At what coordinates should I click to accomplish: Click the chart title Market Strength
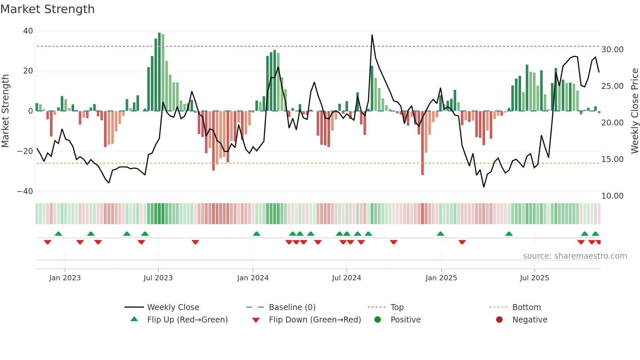pos(47,9)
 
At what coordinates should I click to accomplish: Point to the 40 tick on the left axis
pos(28,31)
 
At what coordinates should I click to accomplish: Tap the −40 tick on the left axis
pos(25,191)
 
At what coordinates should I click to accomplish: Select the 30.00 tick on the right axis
pos(612,50)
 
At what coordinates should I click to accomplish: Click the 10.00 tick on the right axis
pos(612,196)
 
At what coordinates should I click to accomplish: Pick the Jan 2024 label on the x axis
pos(253,278)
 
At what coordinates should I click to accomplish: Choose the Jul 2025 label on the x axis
pos(534,278)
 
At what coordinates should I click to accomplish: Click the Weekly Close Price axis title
pos(634,111)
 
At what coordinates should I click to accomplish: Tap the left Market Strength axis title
pos(6,111)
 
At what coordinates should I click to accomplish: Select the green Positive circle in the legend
pos(378,320)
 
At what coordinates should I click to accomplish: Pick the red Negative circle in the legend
pos(499,320)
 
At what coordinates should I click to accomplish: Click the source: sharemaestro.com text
pos(575,256)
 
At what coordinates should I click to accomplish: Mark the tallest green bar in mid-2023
pos(159,72)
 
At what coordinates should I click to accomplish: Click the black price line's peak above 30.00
pos(372,35)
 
